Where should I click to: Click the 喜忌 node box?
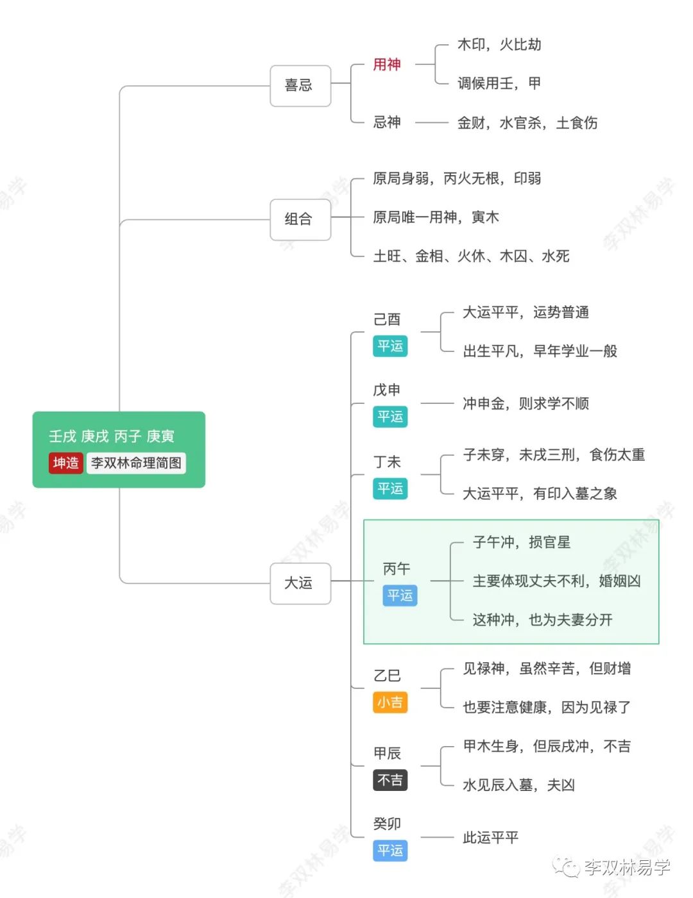(x=300, y=85)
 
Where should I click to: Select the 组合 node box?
(x=300, y=219)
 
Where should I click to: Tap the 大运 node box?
(x=300, y=583)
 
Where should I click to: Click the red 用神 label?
(x=387, y=65)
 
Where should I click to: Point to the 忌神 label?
(x=387, y=122)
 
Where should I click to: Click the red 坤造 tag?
(x=65, y=463)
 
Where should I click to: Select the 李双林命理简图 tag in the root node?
(x=136, y=463)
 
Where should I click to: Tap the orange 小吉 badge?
(x=390, y=703)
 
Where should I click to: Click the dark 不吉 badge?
(x=390, y=780)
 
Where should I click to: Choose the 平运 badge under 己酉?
(x=390, y=346)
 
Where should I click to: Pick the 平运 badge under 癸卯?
(x=390, y=851)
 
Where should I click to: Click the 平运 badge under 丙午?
(x=400, y=595)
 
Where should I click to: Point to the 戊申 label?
(x=387, y=390)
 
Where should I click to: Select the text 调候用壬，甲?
(x=499, y=83)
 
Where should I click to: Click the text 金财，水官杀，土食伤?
(x=527, y=122)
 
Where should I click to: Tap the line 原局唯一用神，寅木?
(x=436, y=217)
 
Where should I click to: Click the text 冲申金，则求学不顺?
(x=526, y=404)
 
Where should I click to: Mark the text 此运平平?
(x=490, y=838)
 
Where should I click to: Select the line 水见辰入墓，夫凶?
(x=518, y=785)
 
